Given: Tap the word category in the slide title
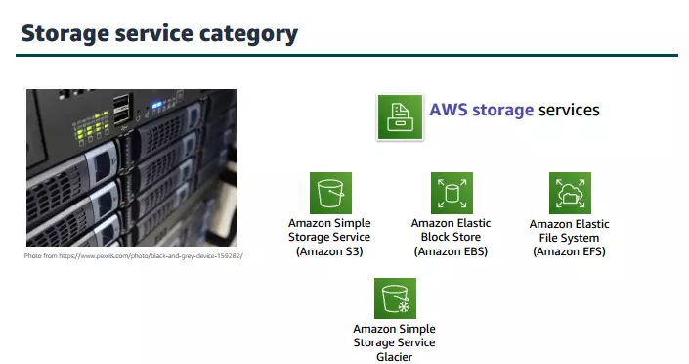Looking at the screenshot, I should (x=243, y=34).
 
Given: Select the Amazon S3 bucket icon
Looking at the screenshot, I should (x=330, y=193).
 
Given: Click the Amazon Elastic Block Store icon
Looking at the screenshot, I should (x=452, y=193).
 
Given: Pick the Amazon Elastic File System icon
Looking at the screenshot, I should (x=570, y=194).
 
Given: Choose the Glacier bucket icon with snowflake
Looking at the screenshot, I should (x=395, y=298).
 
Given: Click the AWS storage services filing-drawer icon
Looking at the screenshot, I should (x=399, y=117).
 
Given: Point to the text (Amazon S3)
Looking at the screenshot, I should (x=329, y=251).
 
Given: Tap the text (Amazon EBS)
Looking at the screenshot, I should (x=451, y=251).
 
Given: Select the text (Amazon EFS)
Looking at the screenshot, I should (x=570, y=251).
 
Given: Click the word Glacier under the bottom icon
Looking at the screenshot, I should (x=394, y=357).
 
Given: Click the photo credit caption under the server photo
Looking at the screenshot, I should (x=133, y=255).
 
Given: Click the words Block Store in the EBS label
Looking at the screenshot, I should (x=451, y=237).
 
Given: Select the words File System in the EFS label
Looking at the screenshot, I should (x=570, y=238).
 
